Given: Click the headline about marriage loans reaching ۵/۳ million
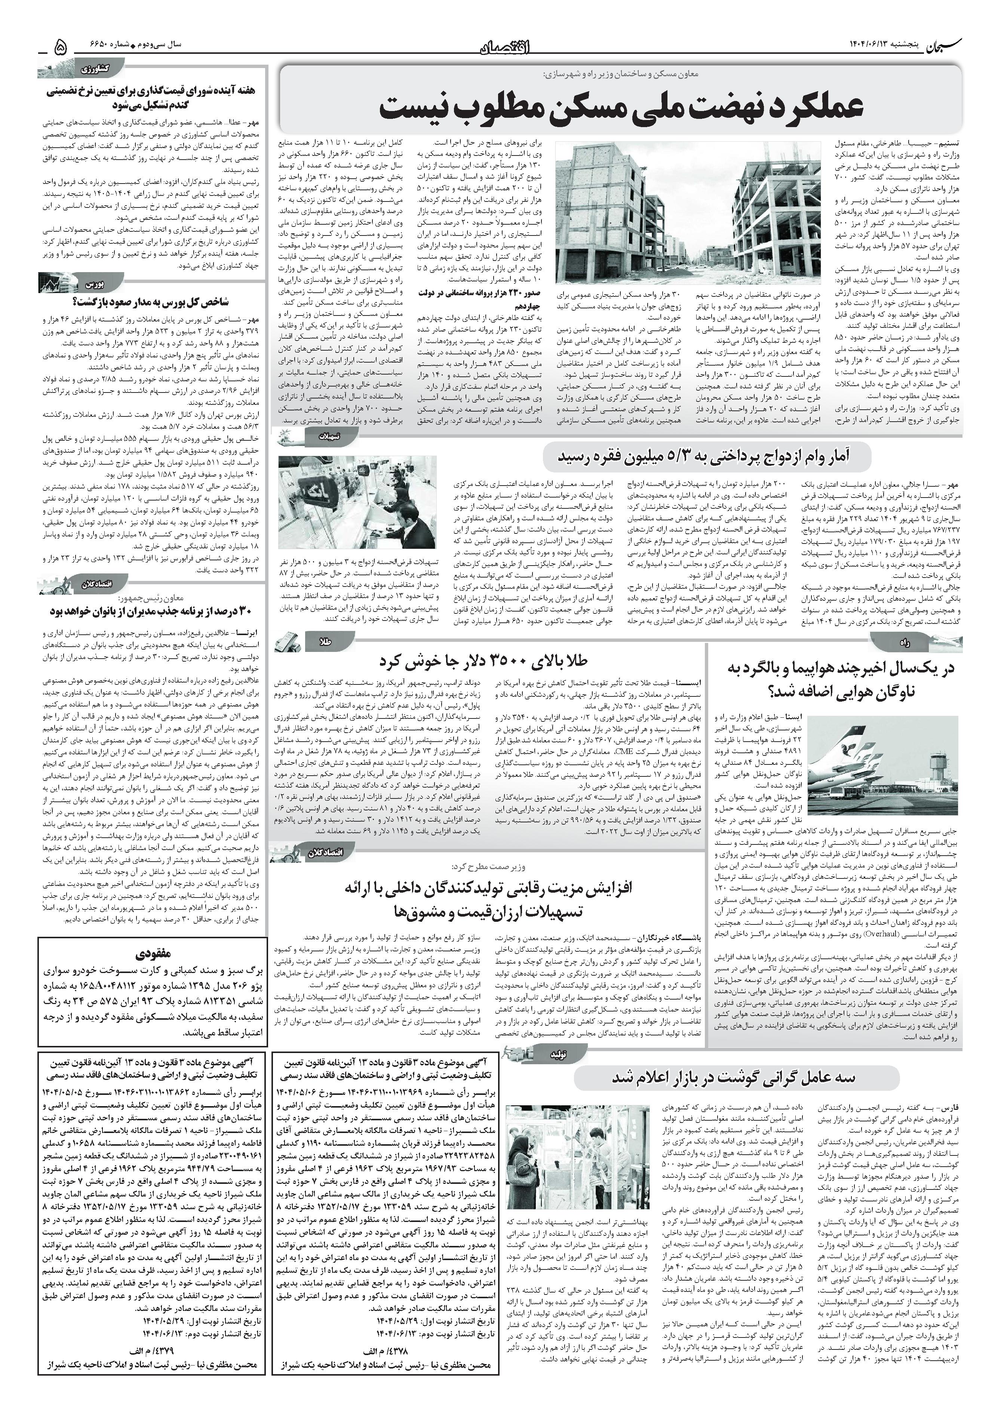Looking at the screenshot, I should click(706, 457).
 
